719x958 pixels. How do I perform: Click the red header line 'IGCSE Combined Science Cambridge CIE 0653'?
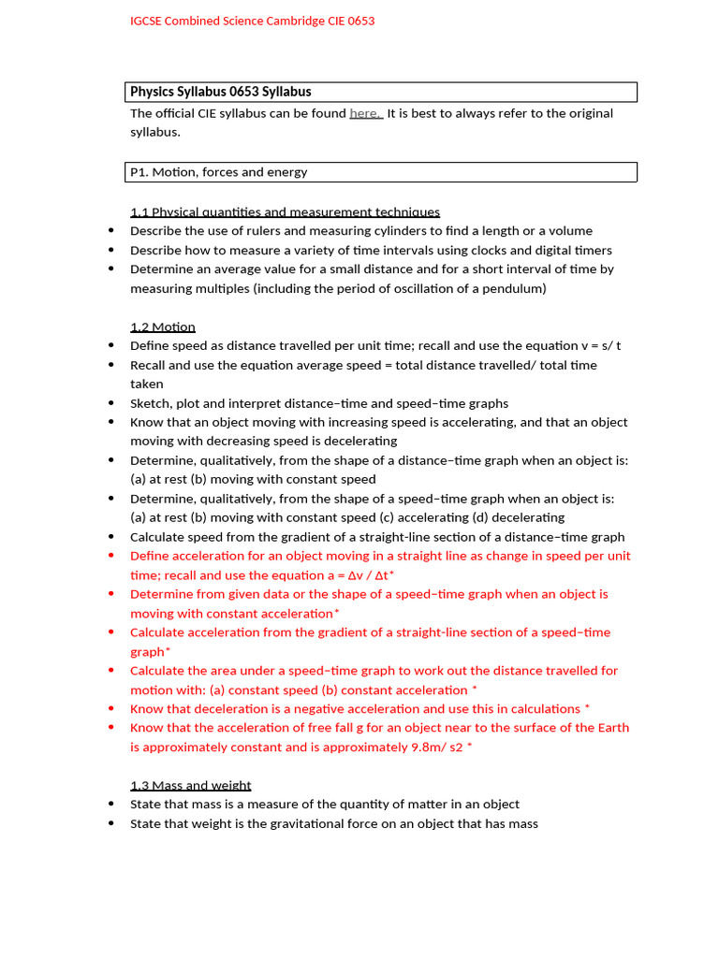[252, 21]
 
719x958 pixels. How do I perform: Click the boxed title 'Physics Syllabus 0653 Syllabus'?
[221, 92]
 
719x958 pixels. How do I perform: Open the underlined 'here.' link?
[366, 113]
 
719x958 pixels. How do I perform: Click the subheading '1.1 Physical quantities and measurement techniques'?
[285, 212]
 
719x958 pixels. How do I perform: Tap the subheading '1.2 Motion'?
[163, 327]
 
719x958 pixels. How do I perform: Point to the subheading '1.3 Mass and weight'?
[190, 785]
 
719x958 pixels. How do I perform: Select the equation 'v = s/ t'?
[594, 345]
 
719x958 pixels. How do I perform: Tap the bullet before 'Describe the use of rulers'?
[111, 231]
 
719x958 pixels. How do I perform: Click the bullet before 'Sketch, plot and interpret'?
[111, 403]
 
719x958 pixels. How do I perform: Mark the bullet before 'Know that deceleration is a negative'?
[111, 709]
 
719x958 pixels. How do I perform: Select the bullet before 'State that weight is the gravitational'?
[111, 823]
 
